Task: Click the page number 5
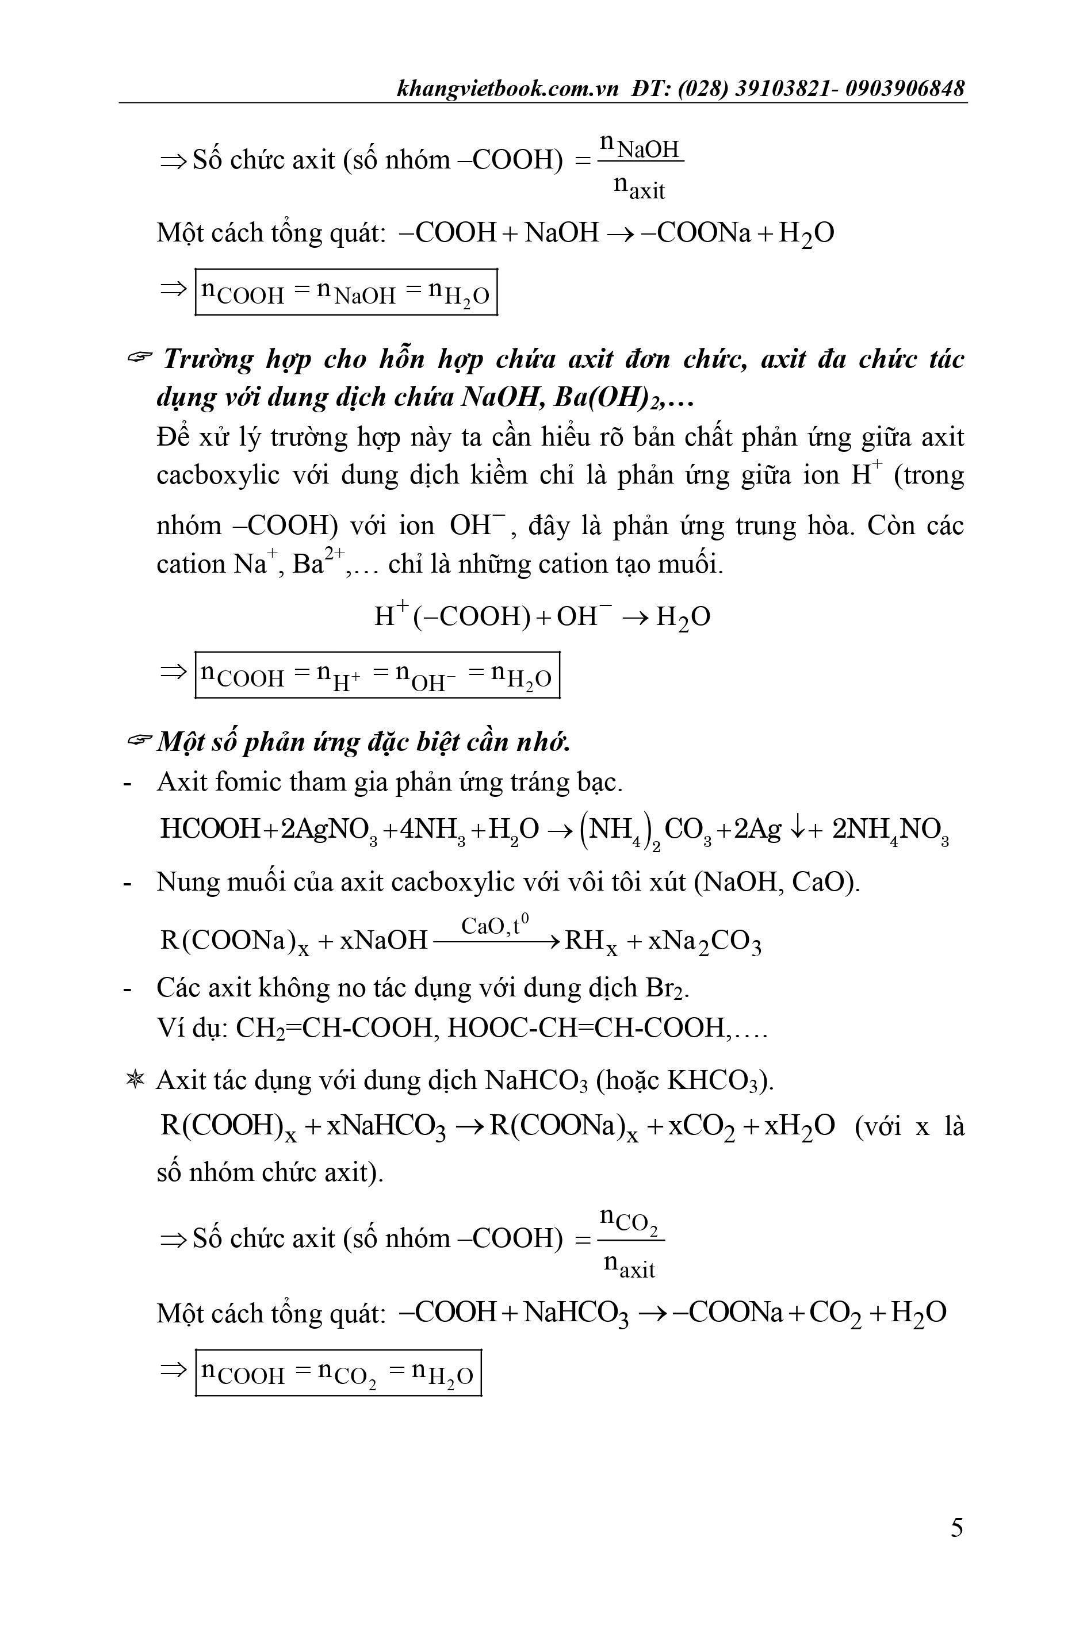(x=956, y=1528)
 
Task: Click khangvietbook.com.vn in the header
(x=507, y=89)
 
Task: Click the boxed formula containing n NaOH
(x=346, y=292)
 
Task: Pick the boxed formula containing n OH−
(x=377, y=674)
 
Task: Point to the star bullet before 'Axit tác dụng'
(x=135, y=1080)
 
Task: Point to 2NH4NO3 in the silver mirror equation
(x=890, y=830)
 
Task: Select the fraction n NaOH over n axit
(x=641, y=167)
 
